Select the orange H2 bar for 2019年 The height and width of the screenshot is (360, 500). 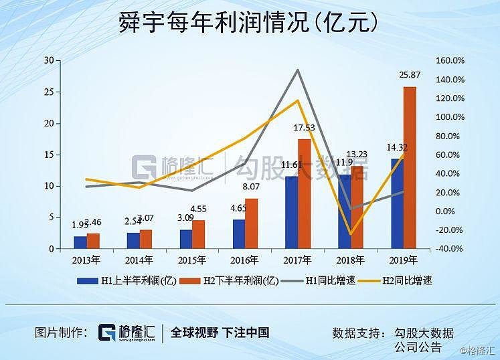410,167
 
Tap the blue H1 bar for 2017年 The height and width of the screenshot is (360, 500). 291,212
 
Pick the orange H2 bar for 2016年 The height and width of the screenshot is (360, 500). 251,223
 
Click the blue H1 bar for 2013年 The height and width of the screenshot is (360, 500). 80,242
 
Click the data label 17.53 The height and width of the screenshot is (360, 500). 304,127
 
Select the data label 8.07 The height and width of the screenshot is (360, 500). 250,187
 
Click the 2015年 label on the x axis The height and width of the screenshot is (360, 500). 191,260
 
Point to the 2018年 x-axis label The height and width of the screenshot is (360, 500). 351,260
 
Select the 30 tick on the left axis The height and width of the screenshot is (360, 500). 49,61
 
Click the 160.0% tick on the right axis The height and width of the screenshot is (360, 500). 449,61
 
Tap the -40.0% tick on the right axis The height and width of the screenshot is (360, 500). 450,249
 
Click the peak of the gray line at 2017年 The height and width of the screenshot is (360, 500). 297,70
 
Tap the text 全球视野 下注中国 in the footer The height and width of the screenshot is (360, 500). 220,332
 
